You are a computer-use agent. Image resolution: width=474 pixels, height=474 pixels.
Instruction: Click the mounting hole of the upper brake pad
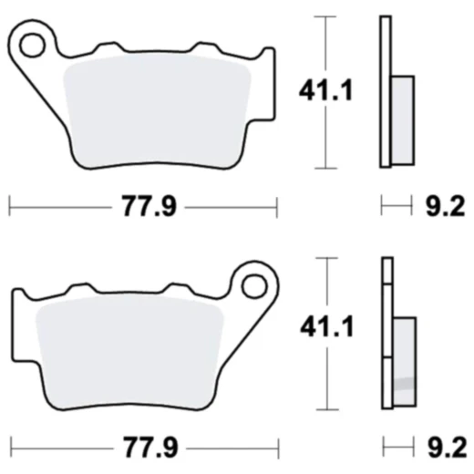point(35,43)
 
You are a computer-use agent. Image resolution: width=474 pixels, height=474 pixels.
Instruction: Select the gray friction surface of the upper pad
point(160,109)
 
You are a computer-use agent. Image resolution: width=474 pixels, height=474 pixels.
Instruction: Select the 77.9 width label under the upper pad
point(147,207)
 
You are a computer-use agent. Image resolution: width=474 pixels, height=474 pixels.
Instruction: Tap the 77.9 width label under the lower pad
point(147,448)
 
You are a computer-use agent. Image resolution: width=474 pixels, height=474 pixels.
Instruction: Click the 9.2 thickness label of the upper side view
point(446,207)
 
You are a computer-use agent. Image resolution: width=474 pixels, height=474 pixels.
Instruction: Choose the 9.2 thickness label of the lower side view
point(446,448)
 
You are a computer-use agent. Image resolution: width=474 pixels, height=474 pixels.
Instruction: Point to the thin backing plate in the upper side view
point(386,91)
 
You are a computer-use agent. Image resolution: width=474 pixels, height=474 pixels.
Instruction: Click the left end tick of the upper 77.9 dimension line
point(9,207)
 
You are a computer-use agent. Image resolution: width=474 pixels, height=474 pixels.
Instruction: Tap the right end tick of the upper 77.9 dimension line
point(277,207)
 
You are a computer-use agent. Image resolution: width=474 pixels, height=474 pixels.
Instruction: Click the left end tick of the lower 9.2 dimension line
point(383,448)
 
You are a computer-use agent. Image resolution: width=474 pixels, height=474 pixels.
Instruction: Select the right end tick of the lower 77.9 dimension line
point(277,448)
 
